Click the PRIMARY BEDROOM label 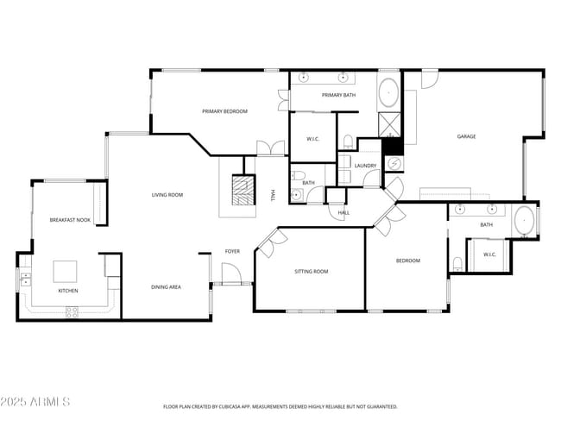tap(224, 111)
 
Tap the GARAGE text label tap(466, 136)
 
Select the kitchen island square tap(66, 272)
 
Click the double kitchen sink tap(24, 279)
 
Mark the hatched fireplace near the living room tap(243, 190)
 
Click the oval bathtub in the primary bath tap(388, 90)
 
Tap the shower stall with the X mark tap(390, 124)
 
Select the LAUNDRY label tap(365, 166)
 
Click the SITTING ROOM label tap(311, 272)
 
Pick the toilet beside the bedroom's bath tap(456, 262)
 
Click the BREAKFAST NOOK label tap(70, 220)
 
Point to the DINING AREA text tap(166, 287)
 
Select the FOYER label tap(232, 251)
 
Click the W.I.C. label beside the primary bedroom tap(312, 140)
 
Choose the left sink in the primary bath tap(305, 79)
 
